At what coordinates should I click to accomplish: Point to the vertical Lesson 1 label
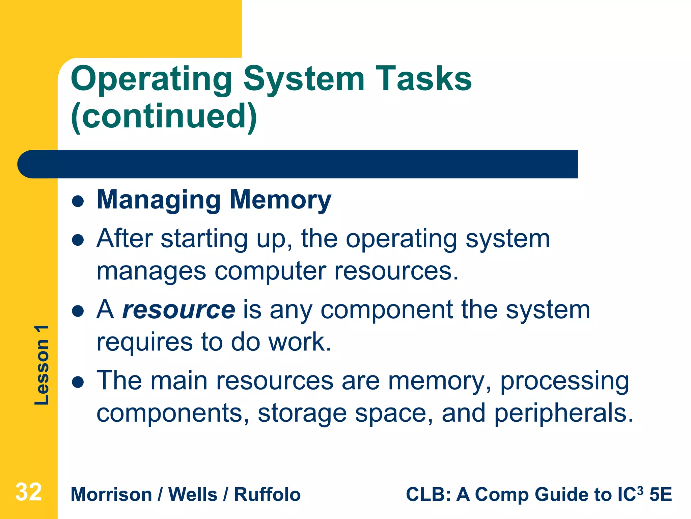coord(42,365)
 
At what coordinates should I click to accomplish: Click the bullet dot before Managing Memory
coord(78,202)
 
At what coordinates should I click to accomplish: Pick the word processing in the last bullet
coord(564,381)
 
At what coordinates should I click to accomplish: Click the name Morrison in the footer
coord(111,495)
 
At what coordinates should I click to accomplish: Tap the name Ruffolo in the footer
coord(267,495)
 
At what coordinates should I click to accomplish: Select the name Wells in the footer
coord(193,495)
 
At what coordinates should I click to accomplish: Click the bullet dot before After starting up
coord(78,240)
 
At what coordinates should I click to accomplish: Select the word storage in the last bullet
coord(302,413)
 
